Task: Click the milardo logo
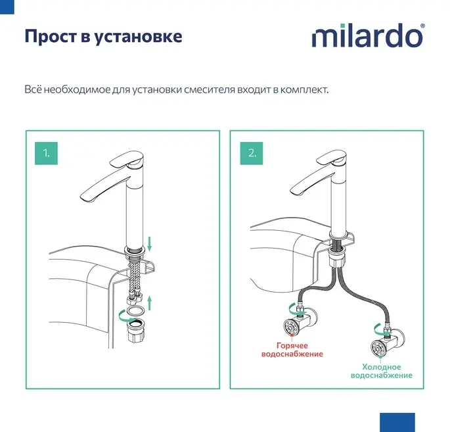pyautogui.click(x=367, y=36)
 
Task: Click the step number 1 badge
pyautogui.click(x=46, y=153)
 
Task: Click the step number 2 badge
pyautogui.click(x=252, y=153)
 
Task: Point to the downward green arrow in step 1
pyautogui.click(x=149, y=243)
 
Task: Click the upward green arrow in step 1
pyautogui.click(x=149, y=304)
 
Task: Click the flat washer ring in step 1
pyautogui.click(x=135, y=311)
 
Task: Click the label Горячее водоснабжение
pyautogui.click(x=292, y=350)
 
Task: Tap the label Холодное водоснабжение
pyautogui.click(x=382, y=371)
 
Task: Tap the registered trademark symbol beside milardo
pyautogui.click(x=422, y=26)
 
